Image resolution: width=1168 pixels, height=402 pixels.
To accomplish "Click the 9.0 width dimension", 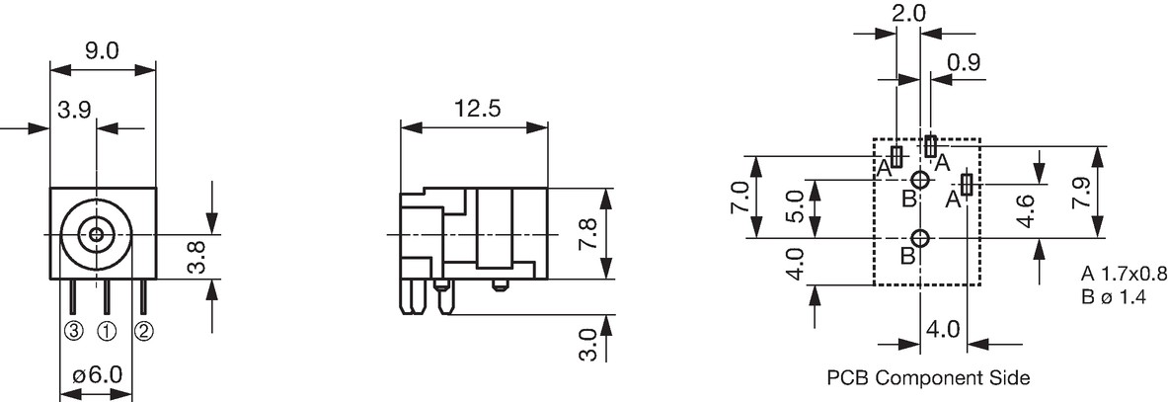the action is coord(103,51).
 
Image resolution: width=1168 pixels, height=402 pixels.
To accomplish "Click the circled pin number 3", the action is coord(73,331).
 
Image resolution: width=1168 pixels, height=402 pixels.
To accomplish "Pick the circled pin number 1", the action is coord(107,331).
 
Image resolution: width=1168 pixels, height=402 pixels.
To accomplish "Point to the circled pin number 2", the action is coord(143,331).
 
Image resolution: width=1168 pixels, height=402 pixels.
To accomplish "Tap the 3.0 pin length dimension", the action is coord(588,345).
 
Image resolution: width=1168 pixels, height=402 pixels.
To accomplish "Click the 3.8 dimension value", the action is coord(195,256).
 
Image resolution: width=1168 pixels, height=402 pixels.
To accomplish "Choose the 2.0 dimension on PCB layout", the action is coord(908,14).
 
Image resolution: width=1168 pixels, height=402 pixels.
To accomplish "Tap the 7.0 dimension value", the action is coord(740,197).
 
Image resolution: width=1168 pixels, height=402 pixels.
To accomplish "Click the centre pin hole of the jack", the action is coord(96,235).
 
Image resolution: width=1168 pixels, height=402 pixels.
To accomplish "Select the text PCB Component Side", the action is coord(928,378).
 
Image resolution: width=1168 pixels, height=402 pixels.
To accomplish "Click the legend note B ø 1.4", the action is coord(1114,297).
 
